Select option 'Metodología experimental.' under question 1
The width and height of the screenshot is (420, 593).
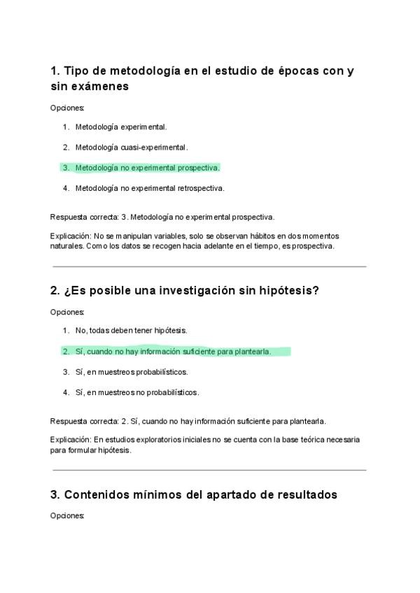tap(120, 127)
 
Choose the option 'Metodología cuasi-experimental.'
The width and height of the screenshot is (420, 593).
tap(131, 148)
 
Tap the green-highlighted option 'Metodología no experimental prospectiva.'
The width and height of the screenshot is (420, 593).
tap(147, 168)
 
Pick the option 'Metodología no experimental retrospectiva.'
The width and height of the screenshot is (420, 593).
tap(149, 188)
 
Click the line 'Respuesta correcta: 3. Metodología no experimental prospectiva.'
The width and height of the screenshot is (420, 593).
tap(162, 217)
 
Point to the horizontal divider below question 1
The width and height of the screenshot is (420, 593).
tap(208, 266)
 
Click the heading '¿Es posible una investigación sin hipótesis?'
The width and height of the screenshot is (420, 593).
tap(185, 291)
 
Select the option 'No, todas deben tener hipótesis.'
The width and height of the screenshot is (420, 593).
tap(131, 330)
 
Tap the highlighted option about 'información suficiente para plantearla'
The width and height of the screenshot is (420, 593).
tap(172, 351)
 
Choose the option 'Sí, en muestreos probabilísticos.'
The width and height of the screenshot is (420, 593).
tap(132, 372)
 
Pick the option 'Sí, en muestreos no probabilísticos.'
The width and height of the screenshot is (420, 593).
tap(136, 392)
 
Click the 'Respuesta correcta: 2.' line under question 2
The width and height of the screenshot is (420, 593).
tap(188, 421)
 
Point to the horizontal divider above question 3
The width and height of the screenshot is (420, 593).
tap(208, 470)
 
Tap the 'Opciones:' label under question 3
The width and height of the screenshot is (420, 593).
tap(67, 515)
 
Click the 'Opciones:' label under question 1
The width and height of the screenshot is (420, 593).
tap(67, 108)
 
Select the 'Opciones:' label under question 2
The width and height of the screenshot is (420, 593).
tap(67, 312)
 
